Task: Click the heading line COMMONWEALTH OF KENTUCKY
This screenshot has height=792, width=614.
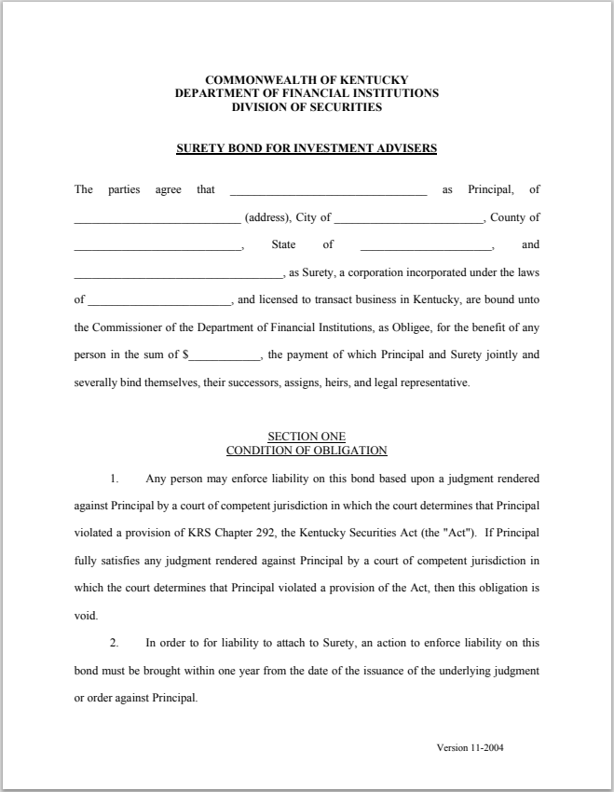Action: tap(307, 80)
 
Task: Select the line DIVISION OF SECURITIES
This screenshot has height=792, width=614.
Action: tap(307, 107)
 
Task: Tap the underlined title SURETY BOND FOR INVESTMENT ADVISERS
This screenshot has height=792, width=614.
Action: tap(307, 148)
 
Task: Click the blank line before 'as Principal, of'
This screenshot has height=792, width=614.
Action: tap(328, 191)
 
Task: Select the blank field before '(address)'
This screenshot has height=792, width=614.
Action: tap(157, 219)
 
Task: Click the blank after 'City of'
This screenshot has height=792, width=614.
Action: tap(409, 219)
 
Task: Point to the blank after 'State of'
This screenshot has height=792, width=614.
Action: tap(426, 246)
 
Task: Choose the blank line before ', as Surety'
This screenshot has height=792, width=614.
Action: tap(178, 274)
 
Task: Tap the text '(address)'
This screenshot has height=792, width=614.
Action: tap(267, 218)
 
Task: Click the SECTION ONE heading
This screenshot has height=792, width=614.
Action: tap(307, 437)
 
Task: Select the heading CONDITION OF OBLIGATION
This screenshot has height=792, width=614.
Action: tap(307, 451)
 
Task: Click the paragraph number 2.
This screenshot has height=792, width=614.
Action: tap(115, 644)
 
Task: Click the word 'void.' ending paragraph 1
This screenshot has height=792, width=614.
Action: tap(86, 617)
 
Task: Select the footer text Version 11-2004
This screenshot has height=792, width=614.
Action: tap(471, 748)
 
